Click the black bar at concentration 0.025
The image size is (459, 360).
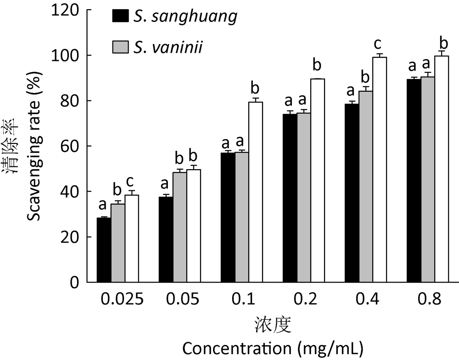coord(104,250)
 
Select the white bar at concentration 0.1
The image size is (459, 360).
coord(256,192)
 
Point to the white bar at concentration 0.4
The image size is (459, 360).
coord(380,170)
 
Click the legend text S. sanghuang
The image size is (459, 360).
coord(185,17)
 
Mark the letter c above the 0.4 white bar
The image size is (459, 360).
coord(378,44)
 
